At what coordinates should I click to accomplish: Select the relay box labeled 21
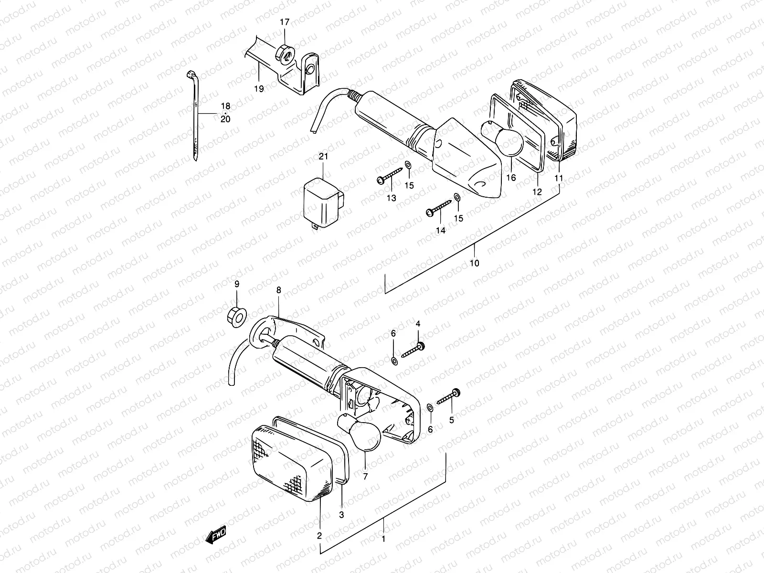tap(323, 202)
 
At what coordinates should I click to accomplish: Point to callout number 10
tap(475, 263)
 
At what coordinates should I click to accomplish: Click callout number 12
tap(537, 192)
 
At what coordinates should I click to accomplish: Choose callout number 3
tap(341, 515)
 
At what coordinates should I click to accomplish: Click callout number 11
tap(559, 178)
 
